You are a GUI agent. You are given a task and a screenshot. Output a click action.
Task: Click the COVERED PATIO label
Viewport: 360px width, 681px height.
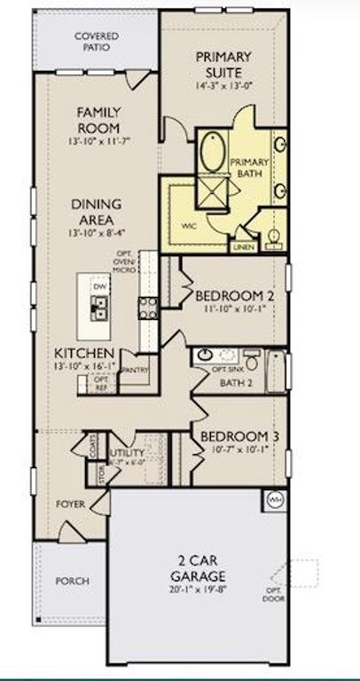97,41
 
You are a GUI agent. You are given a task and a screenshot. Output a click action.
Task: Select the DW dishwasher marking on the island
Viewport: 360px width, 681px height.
100,287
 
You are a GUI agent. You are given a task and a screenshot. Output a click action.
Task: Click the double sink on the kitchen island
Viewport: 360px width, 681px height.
101,308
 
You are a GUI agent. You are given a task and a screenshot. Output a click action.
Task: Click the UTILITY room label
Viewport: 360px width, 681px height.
126,454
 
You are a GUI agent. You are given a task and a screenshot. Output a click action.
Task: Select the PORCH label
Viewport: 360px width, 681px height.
72,581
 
